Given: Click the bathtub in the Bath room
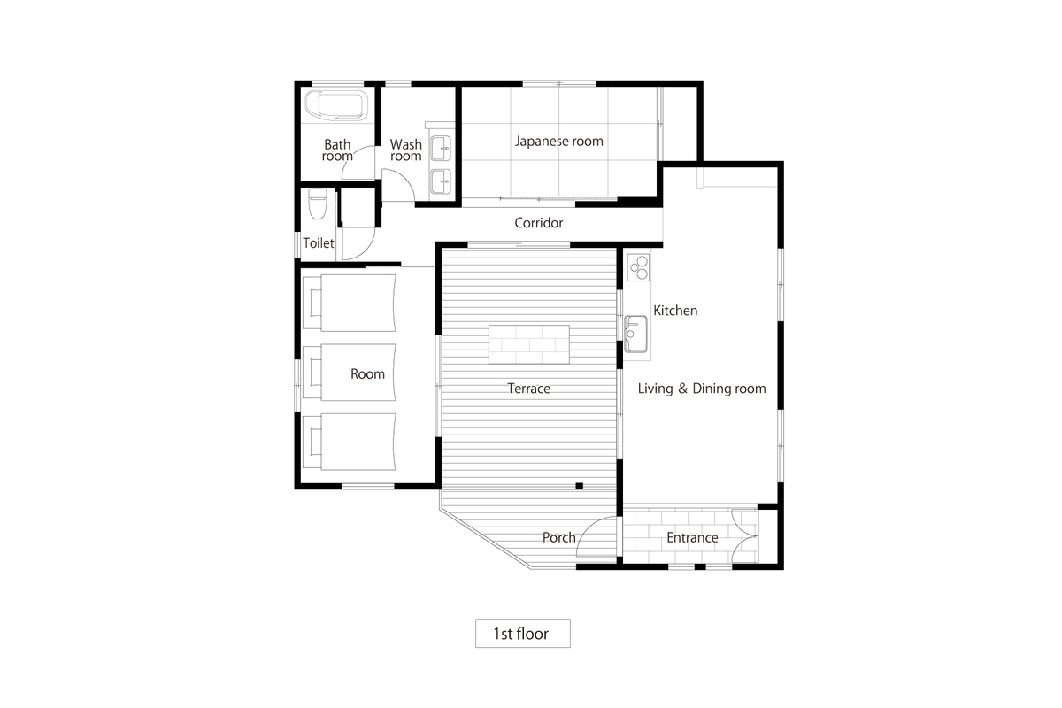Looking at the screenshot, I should (x=335, y=106).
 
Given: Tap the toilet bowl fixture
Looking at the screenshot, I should (x=318, y=206).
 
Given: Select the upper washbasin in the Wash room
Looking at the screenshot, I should (x=440, y=147).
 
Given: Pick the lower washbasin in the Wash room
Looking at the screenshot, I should (x=440, y=181).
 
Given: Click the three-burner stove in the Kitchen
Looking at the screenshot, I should (x=638, y=266).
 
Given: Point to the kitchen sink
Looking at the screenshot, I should (x=635, y=334).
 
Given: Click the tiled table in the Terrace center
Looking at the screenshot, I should (x=528, y=343).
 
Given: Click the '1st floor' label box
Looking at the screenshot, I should (x=522, y=634).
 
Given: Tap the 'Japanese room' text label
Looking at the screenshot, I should (x=559, y=141).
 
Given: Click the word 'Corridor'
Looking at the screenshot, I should (x=539, y=223).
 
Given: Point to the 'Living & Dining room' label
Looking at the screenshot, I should (x=702, y=389).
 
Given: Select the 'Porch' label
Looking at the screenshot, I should (x=558, y=537).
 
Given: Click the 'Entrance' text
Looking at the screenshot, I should (x=692, y=537).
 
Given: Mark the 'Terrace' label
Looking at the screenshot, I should (x=529, y=389).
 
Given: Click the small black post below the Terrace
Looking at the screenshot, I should (x=579, y=485).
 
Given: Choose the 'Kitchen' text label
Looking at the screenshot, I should (x=675, y=311).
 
